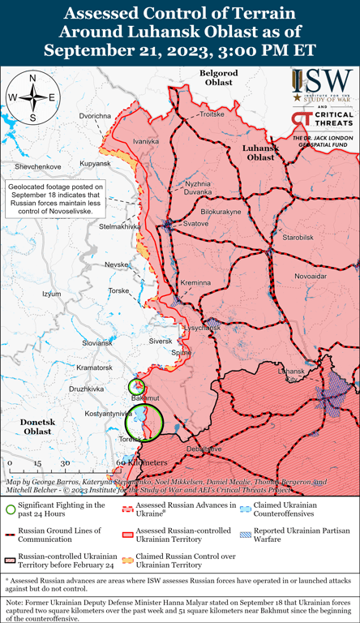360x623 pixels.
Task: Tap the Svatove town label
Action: tap(194, 223)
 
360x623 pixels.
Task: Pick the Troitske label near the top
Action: tap(212, 115)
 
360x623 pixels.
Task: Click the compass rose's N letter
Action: tap(32, 79)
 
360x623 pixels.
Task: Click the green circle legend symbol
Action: tap(11, 509)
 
